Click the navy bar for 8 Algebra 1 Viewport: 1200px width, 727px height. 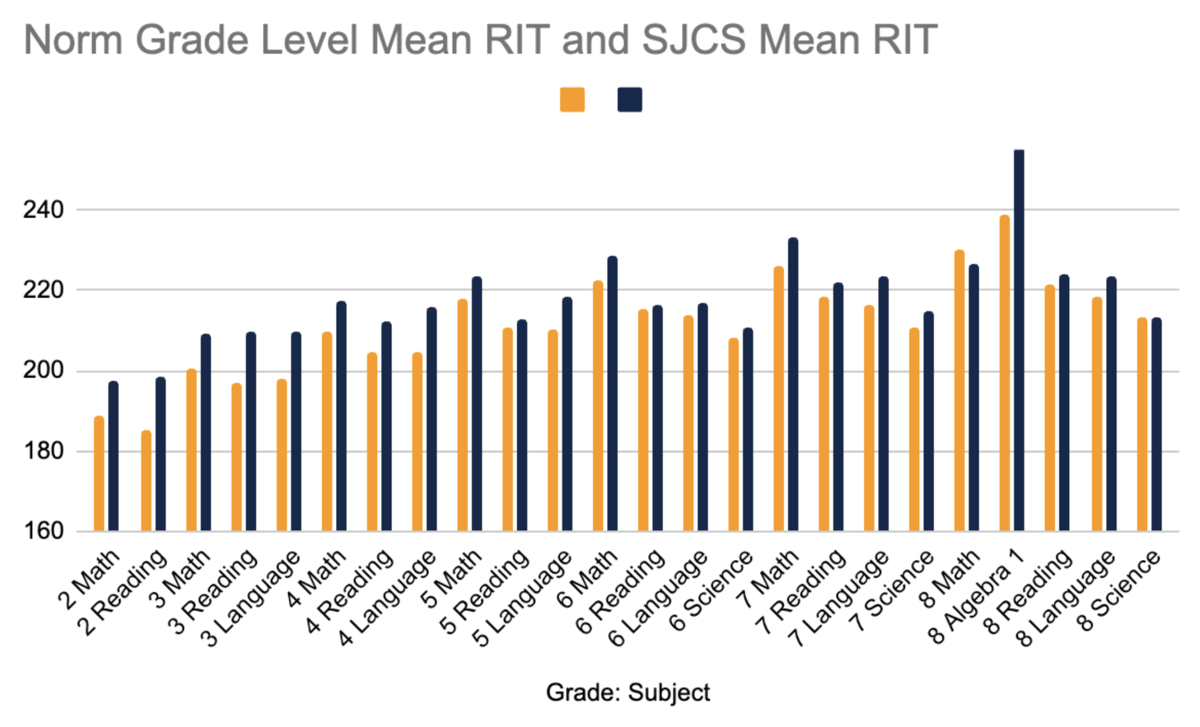click(1019, 340)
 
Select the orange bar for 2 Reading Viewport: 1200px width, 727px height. click(146, 481)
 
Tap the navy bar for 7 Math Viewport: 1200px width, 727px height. click(793, 384)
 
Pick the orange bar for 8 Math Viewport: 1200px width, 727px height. click(959, 390)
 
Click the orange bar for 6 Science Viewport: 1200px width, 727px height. click(734, 434)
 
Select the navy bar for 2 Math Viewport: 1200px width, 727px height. click(113, 456)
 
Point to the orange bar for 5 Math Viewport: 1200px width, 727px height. click(463, 415)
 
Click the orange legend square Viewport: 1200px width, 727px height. click(572, 100)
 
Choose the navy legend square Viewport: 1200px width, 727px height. click(630, 100)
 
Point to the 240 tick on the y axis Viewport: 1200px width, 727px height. click(43, 210)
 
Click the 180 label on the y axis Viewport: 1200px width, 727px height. click(43, 451)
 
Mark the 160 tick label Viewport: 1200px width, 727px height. click(43, 531)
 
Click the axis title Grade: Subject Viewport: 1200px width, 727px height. click(628, 693)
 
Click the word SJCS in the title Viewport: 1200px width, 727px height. click(694, 40)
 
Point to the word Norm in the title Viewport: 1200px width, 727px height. click(73, 40)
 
